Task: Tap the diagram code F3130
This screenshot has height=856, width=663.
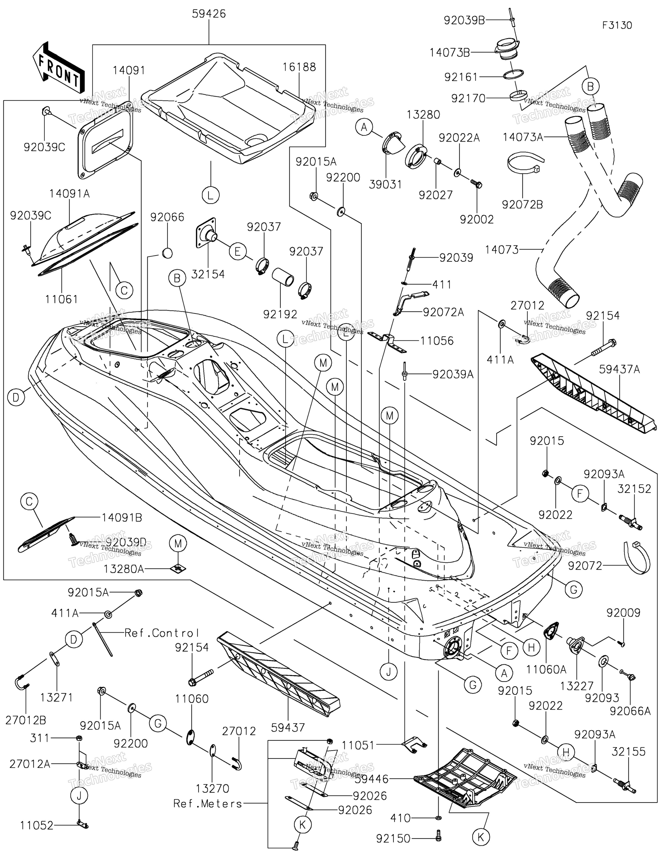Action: coord(617,25)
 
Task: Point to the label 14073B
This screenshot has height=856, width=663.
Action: coord(450,53)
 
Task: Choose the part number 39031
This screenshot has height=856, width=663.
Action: coord(386,184)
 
